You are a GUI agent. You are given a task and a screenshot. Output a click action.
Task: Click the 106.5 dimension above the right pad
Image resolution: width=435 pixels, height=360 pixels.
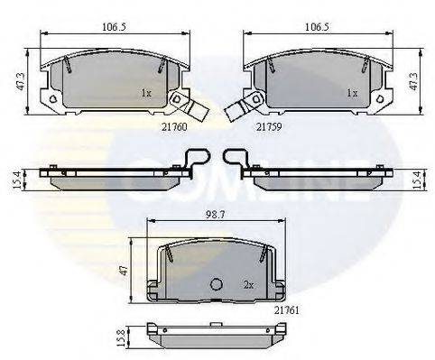(x=316, y=27)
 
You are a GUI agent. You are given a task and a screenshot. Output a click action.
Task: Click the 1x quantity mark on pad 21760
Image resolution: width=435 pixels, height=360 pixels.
(x=147, y=93)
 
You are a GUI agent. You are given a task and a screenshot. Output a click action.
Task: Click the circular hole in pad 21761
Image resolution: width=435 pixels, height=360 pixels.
(x=216, y=285)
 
